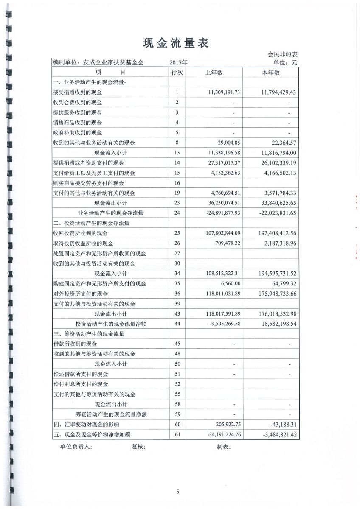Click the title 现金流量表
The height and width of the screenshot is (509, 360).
[x=176, y=43]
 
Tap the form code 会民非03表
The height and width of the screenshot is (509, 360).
[x=282, y=54]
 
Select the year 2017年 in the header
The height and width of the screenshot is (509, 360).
[x=178, y=63]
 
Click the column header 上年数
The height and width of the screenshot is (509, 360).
[x=214, y=73]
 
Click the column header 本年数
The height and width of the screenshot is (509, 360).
[x=271, y=73]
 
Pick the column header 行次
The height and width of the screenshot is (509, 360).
[x=177, y=73]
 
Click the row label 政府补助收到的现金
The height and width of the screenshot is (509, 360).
[x=77, y=133]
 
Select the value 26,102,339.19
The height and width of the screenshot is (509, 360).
[x=272, y=163]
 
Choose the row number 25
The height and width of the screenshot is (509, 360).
[x=177, y=233]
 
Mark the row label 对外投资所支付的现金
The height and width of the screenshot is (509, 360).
[x=80, y=294]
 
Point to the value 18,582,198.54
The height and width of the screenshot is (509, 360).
[x=272, y=324]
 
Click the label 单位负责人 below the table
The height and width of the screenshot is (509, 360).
[x=76, y=447]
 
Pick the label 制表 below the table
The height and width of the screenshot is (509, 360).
[x=223, y=447]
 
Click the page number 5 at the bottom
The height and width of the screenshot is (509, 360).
[x=178, y=492]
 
